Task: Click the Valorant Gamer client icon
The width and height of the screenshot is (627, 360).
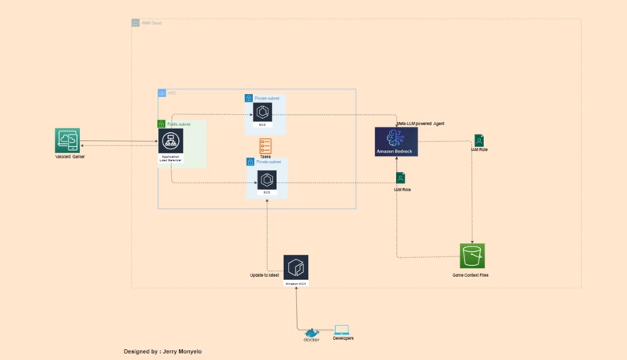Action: [68, 141]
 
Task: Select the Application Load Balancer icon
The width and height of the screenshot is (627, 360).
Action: [170, 142]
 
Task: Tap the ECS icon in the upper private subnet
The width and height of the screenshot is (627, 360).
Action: [262, 113]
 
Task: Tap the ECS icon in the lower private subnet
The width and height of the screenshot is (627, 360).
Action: [267, 180]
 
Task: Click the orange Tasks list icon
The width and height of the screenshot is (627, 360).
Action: [265, 146]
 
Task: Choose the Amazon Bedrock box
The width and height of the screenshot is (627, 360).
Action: [396, 142]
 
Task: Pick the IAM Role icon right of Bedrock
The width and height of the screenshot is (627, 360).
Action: [479, 140]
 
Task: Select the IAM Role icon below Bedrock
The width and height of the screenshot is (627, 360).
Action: [401, 178]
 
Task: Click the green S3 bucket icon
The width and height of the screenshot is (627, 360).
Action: [472, 256]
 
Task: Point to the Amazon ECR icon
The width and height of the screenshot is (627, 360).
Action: [296, 267]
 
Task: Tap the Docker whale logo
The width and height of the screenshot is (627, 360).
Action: [311, 333]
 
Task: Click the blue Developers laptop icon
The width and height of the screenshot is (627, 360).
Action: [342, 330]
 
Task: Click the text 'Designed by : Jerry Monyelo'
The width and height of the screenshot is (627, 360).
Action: [162, 351]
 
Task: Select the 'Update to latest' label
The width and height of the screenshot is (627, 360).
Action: [264, 275]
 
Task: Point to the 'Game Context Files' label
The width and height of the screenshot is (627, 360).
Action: [471, 275]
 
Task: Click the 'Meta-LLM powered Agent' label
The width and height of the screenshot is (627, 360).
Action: [420, 123]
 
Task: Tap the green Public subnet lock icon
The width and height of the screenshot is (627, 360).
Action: [162, 124]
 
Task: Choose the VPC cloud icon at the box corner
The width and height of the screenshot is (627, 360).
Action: [162, 93]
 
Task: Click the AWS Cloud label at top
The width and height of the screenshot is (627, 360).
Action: [151, 23]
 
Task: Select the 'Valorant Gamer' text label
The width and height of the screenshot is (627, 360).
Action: [70, 157]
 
